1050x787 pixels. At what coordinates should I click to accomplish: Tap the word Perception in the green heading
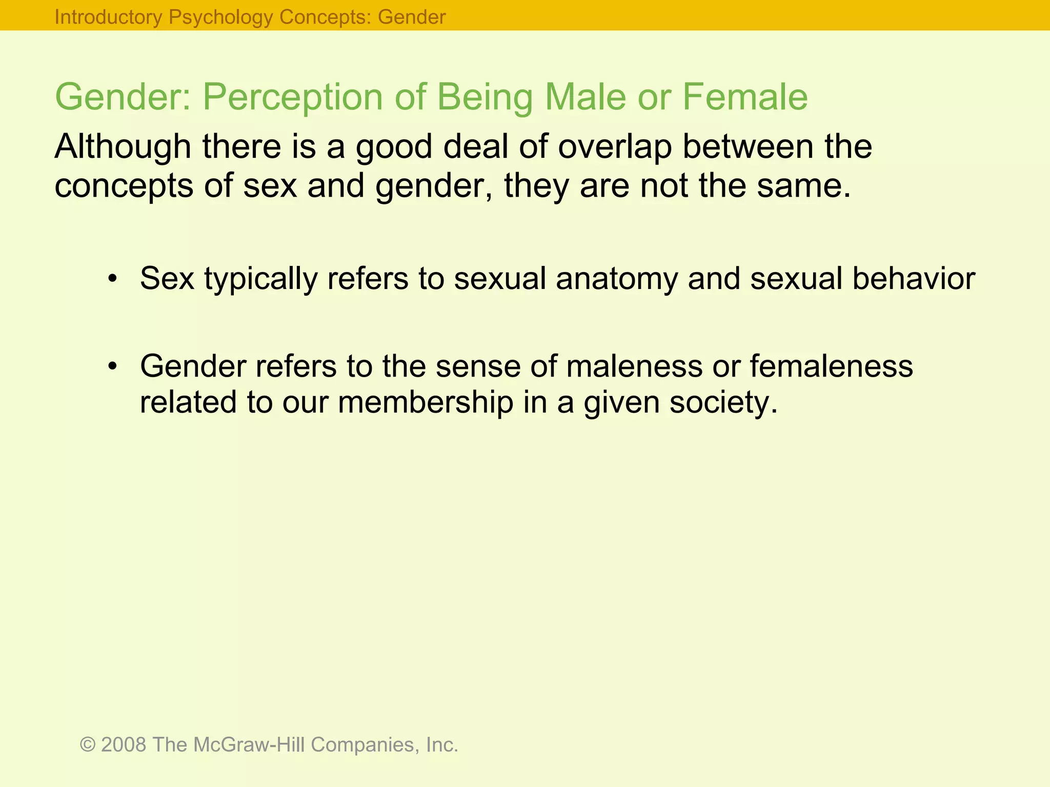coord(292,97)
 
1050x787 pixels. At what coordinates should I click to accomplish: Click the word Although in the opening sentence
coord(123,147)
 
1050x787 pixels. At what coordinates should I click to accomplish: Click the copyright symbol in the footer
coord(88,744)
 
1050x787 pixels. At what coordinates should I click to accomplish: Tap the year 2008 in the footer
coord(124,744)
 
